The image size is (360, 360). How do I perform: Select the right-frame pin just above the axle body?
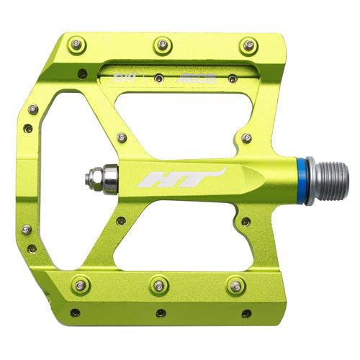247,138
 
